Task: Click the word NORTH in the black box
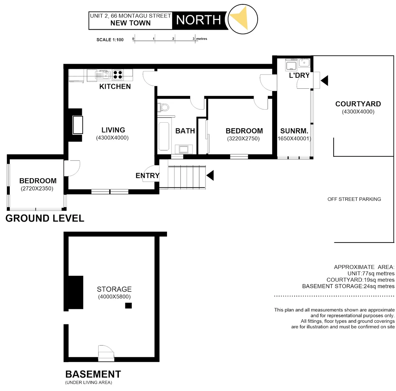(198, 20)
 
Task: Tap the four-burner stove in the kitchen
(117, 74)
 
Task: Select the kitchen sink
(103, 75)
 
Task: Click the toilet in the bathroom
(164, 107)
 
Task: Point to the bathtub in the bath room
(164, 136)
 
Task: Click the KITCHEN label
(115, 87)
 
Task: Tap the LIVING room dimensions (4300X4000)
(112, 138)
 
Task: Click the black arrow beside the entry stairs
(210, 176)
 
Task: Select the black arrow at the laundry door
(324, 80)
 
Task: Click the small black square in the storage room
(128, 306)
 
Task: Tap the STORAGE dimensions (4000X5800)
(114, 297)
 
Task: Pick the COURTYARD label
(358, 104)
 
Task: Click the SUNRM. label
(294, 131)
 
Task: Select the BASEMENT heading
(93, 374)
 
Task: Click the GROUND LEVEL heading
(45, 218)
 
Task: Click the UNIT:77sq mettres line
(370, 273)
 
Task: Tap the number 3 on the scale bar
(194, 38)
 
